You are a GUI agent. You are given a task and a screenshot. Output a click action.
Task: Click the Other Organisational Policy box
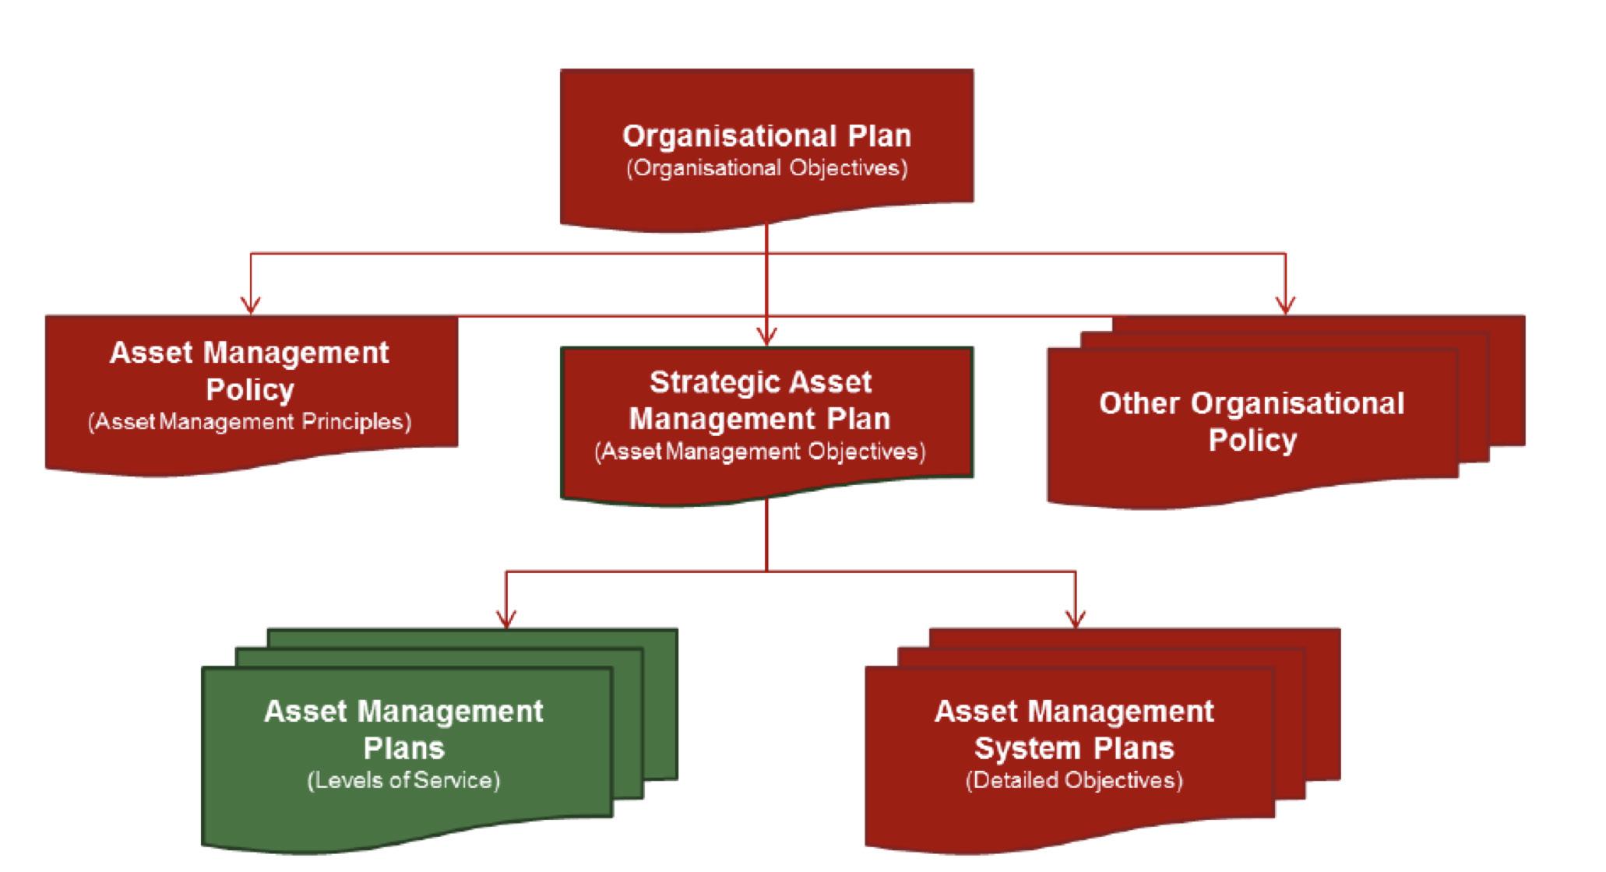coord(1252,421)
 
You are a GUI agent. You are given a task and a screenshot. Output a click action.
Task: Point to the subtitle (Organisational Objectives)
coord(767,168)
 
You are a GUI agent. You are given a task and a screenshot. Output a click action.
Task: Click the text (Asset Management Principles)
coord(250,422)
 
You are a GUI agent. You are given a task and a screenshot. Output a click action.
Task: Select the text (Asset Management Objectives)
coord(760,452)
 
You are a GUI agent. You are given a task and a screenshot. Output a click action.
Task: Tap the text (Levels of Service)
coord(403,780)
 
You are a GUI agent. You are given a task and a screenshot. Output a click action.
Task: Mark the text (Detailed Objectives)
coord(1074,780)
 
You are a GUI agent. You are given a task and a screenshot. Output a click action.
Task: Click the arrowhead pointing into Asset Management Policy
coord(250,305)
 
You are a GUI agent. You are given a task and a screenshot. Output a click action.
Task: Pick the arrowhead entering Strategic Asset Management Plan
coord(767,336)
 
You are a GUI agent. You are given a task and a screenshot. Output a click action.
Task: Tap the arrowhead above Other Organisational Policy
coord(1285,305)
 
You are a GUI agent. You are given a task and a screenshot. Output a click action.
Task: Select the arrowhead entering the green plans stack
coord(506,619)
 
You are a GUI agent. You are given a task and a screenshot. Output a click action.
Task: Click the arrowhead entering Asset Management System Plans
coord(1076,619)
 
